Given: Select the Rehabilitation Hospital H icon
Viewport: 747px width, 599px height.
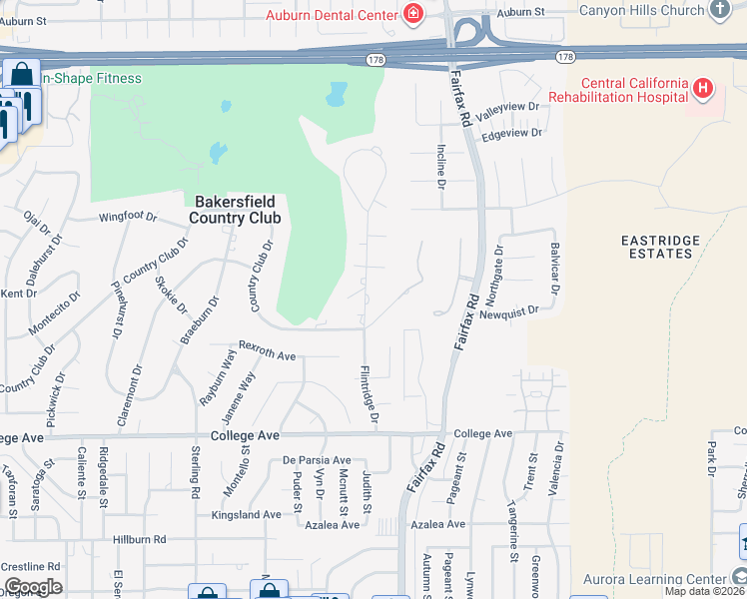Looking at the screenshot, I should click(x=703, y=89).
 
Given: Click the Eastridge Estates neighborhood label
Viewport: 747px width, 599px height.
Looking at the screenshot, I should click(x=656, y=247).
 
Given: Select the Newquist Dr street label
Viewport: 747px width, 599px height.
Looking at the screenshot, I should click(x=508, y=311).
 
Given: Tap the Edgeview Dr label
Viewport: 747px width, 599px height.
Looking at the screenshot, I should click(x=511, y=133).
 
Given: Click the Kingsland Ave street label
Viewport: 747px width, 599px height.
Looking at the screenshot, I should click(x=246, y=515).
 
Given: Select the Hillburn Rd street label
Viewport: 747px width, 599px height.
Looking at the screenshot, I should click(x=139, y=539).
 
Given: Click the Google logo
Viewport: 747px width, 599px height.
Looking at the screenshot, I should click(x=33, y=587).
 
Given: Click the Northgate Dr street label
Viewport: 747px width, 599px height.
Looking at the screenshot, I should click(x=499, y=265).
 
